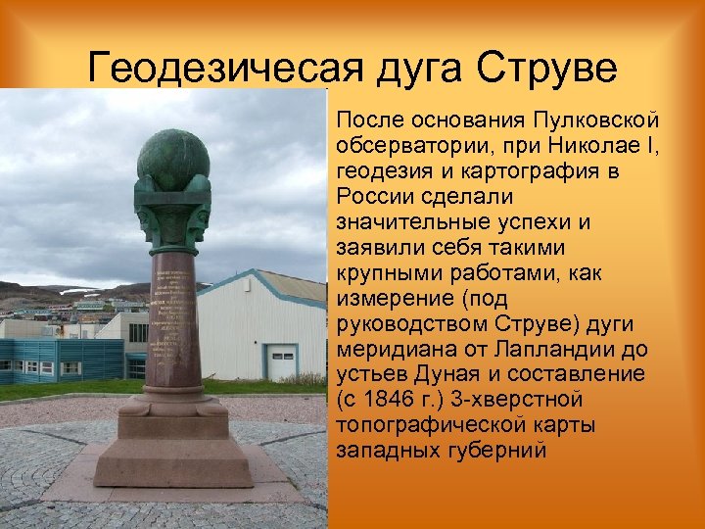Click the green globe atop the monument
point(172,158)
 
